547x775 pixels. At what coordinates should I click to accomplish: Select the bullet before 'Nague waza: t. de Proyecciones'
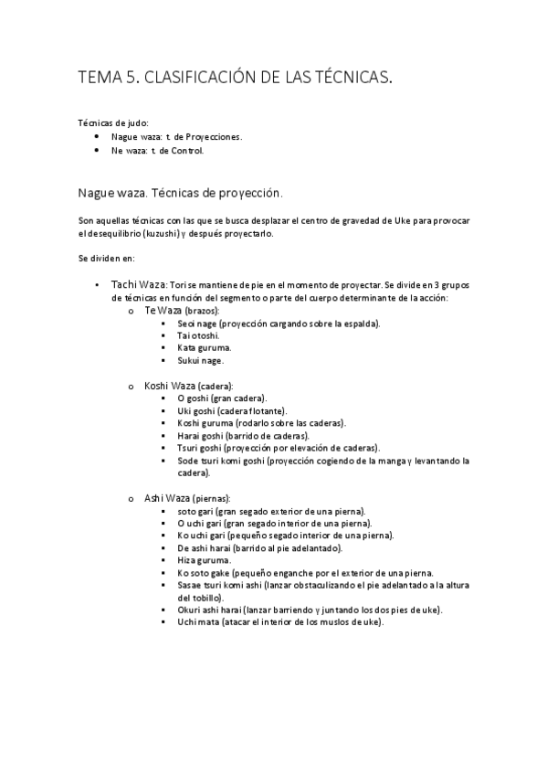tap(98, 136)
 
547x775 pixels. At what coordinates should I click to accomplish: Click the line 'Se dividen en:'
tap(107, 259)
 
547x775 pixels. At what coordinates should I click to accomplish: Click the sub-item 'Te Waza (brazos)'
tap(181, 311)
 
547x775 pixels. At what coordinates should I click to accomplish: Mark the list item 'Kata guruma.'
tap(204, 348)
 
